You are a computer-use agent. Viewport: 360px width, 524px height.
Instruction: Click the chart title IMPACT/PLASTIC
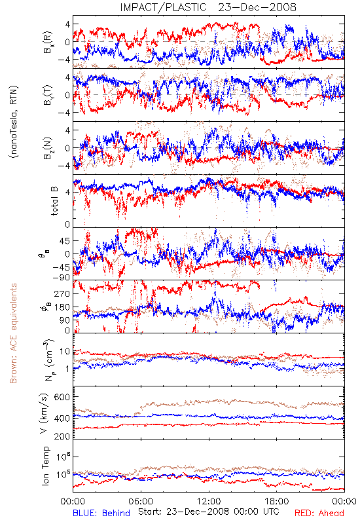pyautogui.click(x=163, y=7)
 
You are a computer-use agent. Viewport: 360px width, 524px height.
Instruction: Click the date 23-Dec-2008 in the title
pyautogui.click(x=257, y=7)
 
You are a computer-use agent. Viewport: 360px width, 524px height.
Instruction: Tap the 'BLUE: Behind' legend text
pyautogui.click(x=101, y=513)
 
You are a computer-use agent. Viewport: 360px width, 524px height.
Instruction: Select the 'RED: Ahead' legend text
pyautogui.click(x=319, y=513)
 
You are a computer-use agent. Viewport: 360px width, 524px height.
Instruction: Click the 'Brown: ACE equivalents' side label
pyautogui.click(x=13, y=333)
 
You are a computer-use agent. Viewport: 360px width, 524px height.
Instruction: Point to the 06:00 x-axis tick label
pyautogui.click(x=141, y=501)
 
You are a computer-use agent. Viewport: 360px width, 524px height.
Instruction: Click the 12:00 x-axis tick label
pyautogui.click(x=209, y=501)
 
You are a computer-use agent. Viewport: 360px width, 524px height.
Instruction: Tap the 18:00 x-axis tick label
pyautogui.click(x=277, y=501)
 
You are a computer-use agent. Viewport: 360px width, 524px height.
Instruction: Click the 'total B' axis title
pyautogui.click(x=54, y=201)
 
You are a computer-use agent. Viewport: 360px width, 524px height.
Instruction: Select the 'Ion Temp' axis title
pyautogui.click(x=46, y=466)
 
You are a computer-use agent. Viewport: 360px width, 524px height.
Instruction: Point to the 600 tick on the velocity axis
pyautogui.click(x=62, y=397)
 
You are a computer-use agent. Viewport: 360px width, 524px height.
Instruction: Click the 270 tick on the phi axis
pyautogui.click(x=62, y=293)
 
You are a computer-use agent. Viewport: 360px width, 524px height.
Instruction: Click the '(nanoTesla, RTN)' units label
pyautogui.click(x=14, y=122)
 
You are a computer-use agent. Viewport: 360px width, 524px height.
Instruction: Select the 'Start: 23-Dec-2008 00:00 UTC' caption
pyautogui.click(x=209, y=512)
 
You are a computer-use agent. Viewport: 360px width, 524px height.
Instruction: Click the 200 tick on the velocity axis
pyautogui.click(x=62, y=436)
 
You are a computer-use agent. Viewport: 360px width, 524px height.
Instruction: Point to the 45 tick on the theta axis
pyautogui.click(x=65, y=241)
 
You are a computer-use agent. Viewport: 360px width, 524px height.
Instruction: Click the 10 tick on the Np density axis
pyautogui.click(x=65, y=351)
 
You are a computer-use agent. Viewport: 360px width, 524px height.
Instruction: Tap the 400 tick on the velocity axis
pyautogui.click(x=62, y=418)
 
